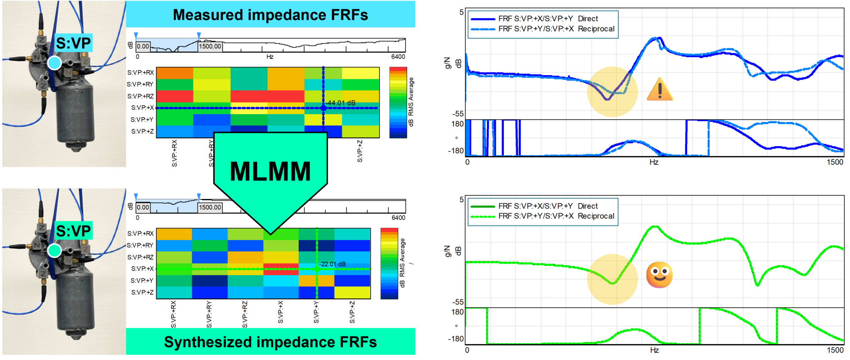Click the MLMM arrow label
point(270,171)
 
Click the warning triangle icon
point(659,90)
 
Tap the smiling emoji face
point(659,275)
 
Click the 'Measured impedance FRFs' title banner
point(270,15)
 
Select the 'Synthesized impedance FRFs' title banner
point(270,342)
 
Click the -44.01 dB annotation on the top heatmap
point(340,103)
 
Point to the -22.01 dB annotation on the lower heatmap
point(332,264)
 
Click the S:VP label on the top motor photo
point(73,43)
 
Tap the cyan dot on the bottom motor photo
point(54,250)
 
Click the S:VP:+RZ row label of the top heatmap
point(140,96)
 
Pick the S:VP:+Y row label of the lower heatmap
point(142,280)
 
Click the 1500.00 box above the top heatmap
point(210,46)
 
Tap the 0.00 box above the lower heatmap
point(143,207)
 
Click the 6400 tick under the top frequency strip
point(398,57)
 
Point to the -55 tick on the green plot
point(458,302)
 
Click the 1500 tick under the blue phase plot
point(835,162)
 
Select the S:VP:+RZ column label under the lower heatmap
point(245,314)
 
